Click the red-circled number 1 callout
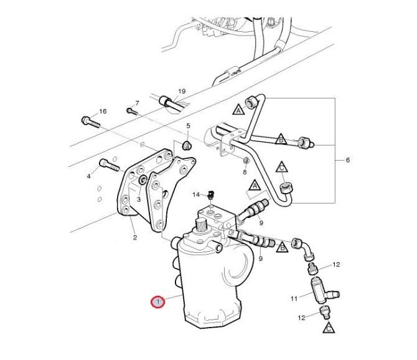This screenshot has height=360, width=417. (x=157, y=302)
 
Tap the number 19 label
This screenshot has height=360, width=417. (x=182, y=92)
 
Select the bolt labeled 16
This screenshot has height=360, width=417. (x=91, y=123)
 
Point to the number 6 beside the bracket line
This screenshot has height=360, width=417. (x=347, y=160)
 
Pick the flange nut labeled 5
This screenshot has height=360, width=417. (x=187, y=145)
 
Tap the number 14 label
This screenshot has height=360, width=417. (x=196, y=195)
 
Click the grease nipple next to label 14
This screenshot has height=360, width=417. (x=210, y=195)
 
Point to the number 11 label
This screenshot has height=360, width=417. (x=294, y=298)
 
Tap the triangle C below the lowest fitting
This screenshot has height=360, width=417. (x=329, y=328)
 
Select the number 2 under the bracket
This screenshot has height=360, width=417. (x=135, y=237)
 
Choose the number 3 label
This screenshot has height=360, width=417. (x=138, y=199)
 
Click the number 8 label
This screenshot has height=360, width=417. (x=245, y=172)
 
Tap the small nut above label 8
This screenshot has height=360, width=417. (x=246, y=161)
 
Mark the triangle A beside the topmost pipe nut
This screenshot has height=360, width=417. (x=238, y=110)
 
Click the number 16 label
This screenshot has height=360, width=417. (x=103, y=111)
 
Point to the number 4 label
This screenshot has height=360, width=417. (x=89, y=176)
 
